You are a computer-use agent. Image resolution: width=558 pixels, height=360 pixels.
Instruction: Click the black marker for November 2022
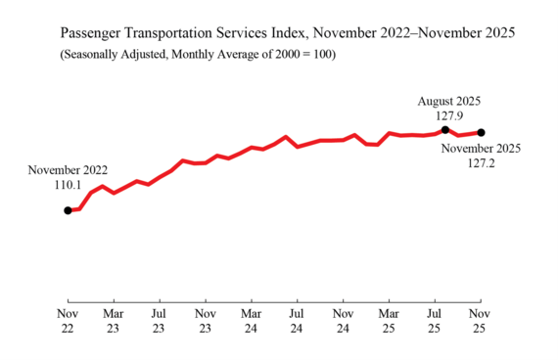pyautogui.click(x=68, y=210)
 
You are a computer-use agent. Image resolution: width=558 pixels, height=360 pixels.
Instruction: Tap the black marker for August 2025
pyautogui.click(x=445, y=130)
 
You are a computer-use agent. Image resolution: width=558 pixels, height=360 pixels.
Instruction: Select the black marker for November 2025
pyautogui.click(x=481, y=132)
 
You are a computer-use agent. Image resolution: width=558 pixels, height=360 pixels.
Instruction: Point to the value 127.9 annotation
pyautogui.click(x=449, y=114)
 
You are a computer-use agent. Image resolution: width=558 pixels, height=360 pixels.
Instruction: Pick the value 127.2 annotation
pyautogui.click(x=481, y=163)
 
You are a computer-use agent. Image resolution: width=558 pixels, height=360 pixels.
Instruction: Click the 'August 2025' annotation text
pyautogui.click(x=449, y=101)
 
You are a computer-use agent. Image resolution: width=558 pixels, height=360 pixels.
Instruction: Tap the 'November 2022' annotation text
pyautogui.click(x=68, y=170)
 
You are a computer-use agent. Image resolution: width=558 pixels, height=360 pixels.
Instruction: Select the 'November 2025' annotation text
pyautogui.click(x=481, y=149)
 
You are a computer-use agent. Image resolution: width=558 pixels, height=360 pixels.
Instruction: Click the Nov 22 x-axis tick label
pyautogui.click(x=68, y=322)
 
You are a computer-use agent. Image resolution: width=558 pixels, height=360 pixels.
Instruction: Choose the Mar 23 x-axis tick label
pyautogui.click(x=114, y=322)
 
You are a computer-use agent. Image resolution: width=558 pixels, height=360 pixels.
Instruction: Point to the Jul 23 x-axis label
pyautogui.click(x=159, y=322)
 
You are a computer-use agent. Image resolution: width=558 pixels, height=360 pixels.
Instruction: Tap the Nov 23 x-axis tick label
pyautogui.click(x=205, y=322)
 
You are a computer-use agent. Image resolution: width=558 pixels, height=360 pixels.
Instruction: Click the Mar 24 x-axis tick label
pyautogui.click(x=251, y=322)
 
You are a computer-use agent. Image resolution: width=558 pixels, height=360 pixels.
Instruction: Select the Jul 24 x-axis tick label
pyautogui.click(x=297, y=322)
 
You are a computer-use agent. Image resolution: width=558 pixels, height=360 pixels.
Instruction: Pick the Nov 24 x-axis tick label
pyautogui.click(x=343, y=322)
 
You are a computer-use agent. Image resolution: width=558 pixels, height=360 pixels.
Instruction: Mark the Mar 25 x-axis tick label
pyautogui.click(x=389, y=322)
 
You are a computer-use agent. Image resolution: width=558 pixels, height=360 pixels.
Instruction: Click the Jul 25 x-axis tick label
pyautogui.click(x=435, y=322)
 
